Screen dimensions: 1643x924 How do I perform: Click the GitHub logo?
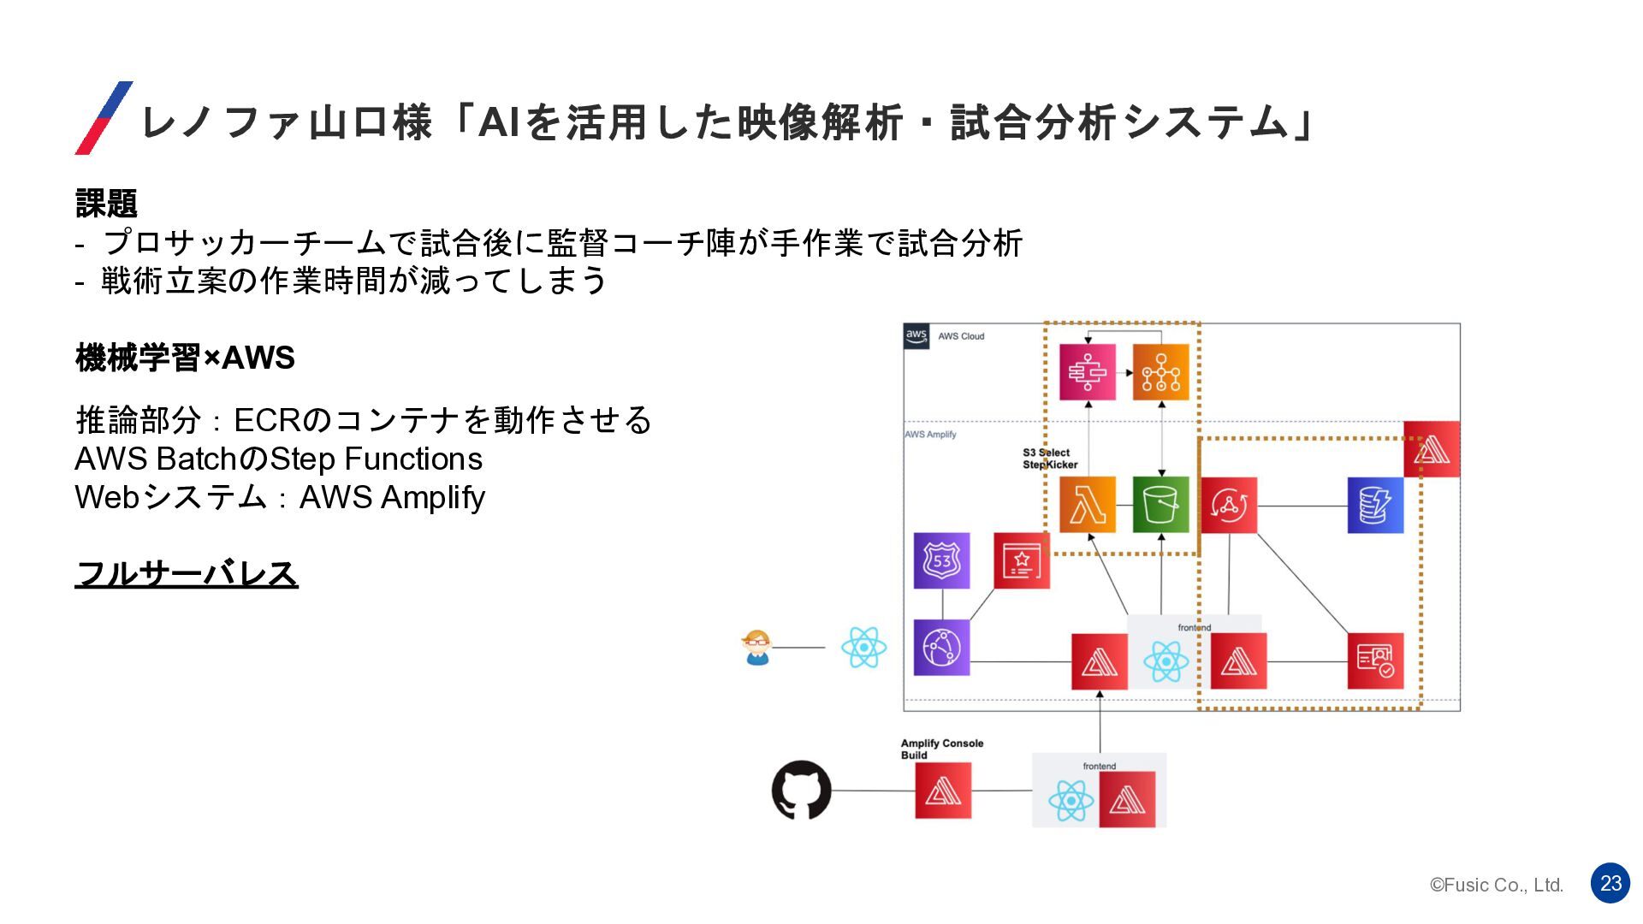[801, 790]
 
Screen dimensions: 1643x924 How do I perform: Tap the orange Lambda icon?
[1087, 505]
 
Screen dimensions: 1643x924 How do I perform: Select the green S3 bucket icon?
[1160, 505]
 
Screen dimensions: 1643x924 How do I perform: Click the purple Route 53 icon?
[941, 560]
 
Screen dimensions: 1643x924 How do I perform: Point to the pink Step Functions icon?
[1087, 372]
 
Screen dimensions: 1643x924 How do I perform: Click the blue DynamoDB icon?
[1375, 505]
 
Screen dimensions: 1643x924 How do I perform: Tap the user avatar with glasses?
[757, 648]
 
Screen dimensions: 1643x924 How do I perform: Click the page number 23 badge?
[1610, 883]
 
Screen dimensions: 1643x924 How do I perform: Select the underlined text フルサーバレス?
[187, 573]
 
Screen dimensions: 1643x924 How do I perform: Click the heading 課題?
[106, 204]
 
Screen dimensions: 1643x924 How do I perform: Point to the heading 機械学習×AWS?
[185, 358]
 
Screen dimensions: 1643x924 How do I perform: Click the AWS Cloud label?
[961, 336]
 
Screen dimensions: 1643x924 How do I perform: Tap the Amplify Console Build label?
[941, 749]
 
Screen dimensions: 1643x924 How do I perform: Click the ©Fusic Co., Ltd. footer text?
[1497, 885]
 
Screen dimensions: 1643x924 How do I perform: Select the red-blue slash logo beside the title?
[104, 118]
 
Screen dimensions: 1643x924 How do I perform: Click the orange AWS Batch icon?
[1160, 372]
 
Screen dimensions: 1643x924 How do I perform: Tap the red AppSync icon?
[1229, 505]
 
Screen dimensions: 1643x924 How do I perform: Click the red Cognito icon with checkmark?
[1375, 660]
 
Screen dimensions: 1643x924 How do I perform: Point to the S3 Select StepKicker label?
[1049, 459]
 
